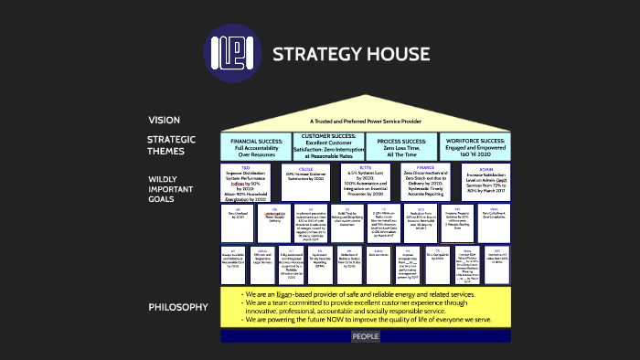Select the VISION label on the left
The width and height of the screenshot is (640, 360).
pos(164,120)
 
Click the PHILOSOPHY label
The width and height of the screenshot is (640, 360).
pos(178,307)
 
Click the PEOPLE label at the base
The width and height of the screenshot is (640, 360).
pos(366,337)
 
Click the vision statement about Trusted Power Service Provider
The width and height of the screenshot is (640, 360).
pos(365,121)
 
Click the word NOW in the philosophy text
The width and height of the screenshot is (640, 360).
pos(340,321)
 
